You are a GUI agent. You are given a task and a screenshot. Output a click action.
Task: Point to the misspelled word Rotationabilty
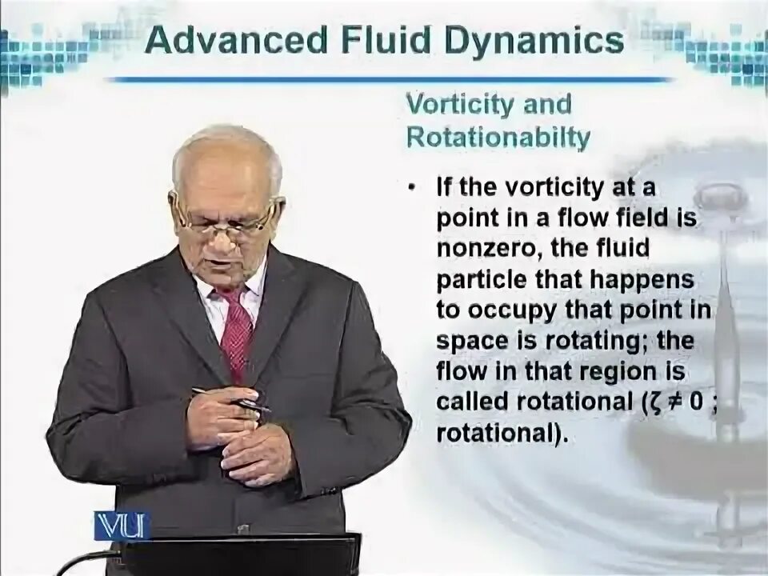(498, 138)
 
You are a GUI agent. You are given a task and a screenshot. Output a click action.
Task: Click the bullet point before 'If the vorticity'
(411, 189)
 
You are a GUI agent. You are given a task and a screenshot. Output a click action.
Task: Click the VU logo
(121, 526)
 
